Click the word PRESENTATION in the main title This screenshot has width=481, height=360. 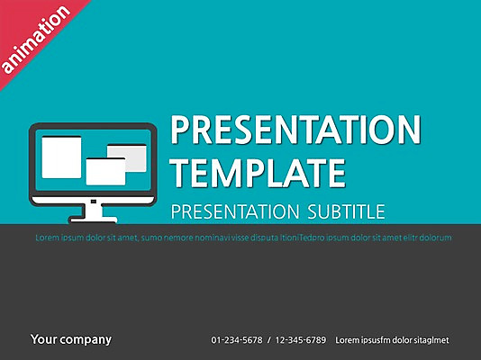(295, 131)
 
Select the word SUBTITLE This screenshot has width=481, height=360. (343, 212)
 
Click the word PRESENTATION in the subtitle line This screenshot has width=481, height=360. (231, 212)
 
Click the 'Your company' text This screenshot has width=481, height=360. (71, 339)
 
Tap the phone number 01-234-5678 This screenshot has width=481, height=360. (237, 340)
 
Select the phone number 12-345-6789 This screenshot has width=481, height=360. (302, 340)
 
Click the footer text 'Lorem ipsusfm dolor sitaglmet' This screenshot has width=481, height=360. (392, 340)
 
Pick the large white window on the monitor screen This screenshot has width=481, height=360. (62, 157)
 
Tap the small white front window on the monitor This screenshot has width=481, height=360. (105, 172)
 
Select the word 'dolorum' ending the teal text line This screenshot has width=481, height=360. (435, 238)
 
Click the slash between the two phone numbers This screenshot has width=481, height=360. (269, 340)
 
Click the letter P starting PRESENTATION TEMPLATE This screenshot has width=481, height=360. (180, 131)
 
